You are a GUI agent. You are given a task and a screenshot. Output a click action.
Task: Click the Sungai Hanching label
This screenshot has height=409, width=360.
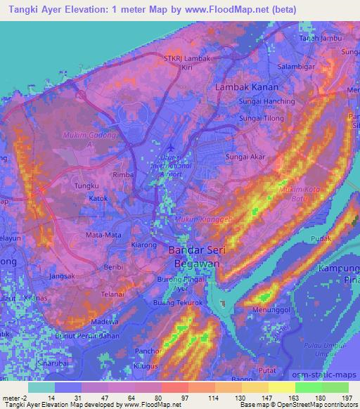[247, 103]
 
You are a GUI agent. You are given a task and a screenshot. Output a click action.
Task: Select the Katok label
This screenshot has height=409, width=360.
[98, 199]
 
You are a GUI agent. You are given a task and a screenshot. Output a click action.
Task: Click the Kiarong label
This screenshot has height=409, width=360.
[144, 245]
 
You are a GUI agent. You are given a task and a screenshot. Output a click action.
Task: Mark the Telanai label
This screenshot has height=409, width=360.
[112, 294]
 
